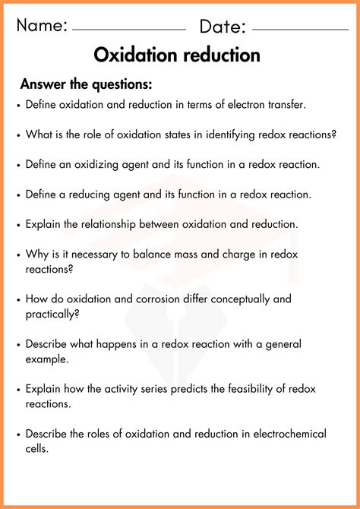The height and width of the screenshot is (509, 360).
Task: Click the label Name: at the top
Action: pos(43,27)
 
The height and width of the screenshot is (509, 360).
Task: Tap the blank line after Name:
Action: pos(129,30)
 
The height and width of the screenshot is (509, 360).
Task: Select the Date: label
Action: pos(223,27)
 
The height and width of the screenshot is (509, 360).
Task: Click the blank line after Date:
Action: pos(300,30)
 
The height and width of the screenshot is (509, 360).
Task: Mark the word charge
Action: pos(229,254)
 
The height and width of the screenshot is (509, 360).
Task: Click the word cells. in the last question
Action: pos(39,448)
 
